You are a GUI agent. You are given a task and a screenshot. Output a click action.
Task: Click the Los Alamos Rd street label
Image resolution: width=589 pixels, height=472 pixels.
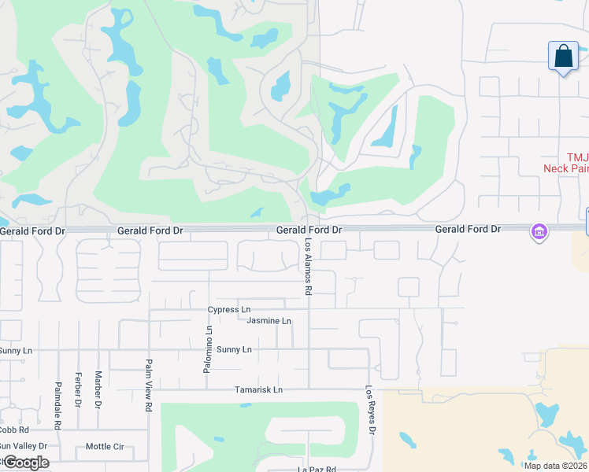(x=309, y=267)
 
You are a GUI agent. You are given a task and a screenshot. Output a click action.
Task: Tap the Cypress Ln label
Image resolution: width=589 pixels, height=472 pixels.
(x=229, y=310)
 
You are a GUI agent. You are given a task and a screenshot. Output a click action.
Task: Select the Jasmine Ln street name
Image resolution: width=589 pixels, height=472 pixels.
(x=269, y=321)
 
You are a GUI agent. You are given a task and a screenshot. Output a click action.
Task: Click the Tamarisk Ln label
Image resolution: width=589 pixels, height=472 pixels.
(x=258, y=390)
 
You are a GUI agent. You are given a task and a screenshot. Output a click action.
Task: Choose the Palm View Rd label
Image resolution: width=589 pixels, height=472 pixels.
(x=148, y=385)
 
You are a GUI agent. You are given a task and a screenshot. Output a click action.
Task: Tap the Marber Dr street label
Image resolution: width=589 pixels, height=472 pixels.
(x=98, y=390)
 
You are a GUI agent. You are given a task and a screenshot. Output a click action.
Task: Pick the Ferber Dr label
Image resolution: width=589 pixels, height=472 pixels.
(x=78, y=390)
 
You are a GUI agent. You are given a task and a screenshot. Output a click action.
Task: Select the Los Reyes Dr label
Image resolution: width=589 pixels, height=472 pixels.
(x=369, y=409)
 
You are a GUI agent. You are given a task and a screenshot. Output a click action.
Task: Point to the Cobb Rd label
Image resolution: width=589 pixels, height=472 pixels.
(x=13, y=430)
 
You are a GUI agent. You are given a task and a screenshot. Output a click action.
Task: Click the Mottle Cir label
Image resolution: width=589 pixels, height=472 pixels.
(x=105, y=447)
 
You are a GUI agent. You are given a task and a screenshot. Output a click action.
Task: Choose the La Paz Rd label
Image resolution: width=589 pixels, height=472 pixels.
(x=317, y=470)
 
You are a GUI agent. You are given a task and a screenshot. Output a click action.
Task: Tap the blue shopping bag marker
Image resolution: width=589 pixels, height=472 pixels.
(x=563, y=57)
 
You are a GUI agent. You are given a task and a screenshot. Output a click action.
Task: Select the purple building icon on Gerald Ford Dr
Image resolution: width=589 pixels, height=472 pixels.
(x=539, y=232)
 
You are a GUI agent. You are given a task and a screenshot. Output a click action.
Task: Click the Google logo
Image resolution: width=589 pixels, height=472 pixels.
(x=25, y=463)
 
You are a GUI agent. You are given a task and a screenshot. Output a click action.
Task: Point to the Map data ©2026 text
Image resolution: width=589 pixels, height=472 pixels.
(x=555, y=466)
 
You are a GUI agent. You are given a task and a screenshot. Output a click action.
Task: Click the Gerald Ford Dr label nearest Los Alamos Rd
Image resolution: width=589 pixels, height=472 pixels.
(x=309, y=230)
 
